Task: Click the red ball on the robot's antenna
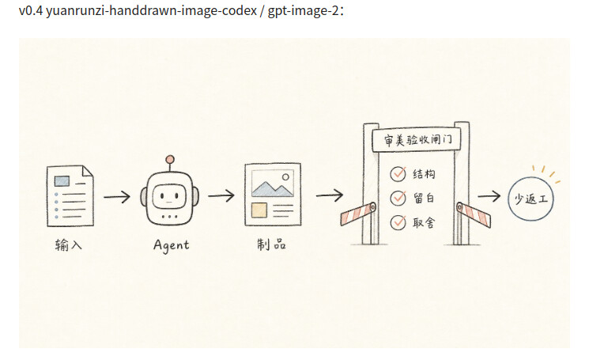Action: click(x=170, y=159)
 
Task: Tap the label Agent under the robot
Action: click(x=172, y=245)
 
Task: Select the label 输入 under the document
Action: click(x=68, y=244)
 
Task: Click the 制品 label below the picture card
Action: click(x=272, y=244)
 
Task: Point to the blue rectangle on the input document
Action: click(x=62, y=181)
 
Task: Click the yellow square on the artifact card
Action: click(x=259, y=210)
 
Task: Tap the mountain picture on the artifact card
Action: click(x=272, y=184)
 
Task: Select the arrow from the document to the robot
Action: click(x=117, y=196)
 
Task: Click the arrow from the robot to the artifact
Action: click(x=221, y=195)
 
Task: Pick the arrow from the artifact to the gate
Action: click(x=330, y=195)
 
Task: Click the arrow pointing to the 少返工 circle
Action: click(x=489, y=195)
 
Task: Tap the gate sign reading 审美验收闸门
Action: click(x=416, y=140)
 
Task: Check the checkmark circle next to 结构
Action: click(x=398, y=174)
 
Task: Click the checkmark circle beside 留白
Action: click(x=398, y=198)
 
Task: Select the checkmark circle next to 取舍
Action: click(x=398, y=222)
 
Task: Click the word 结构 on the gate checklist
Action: click(x=424, y=174)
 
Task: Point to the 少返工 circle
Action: click(x=530, y=199)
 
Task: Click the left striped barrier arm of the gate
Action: click(x=358, y=214)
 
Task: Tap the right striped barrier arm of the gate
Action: click(x=474, y=214)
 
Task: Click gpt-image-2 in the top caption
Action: click(x=303, y=10)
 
